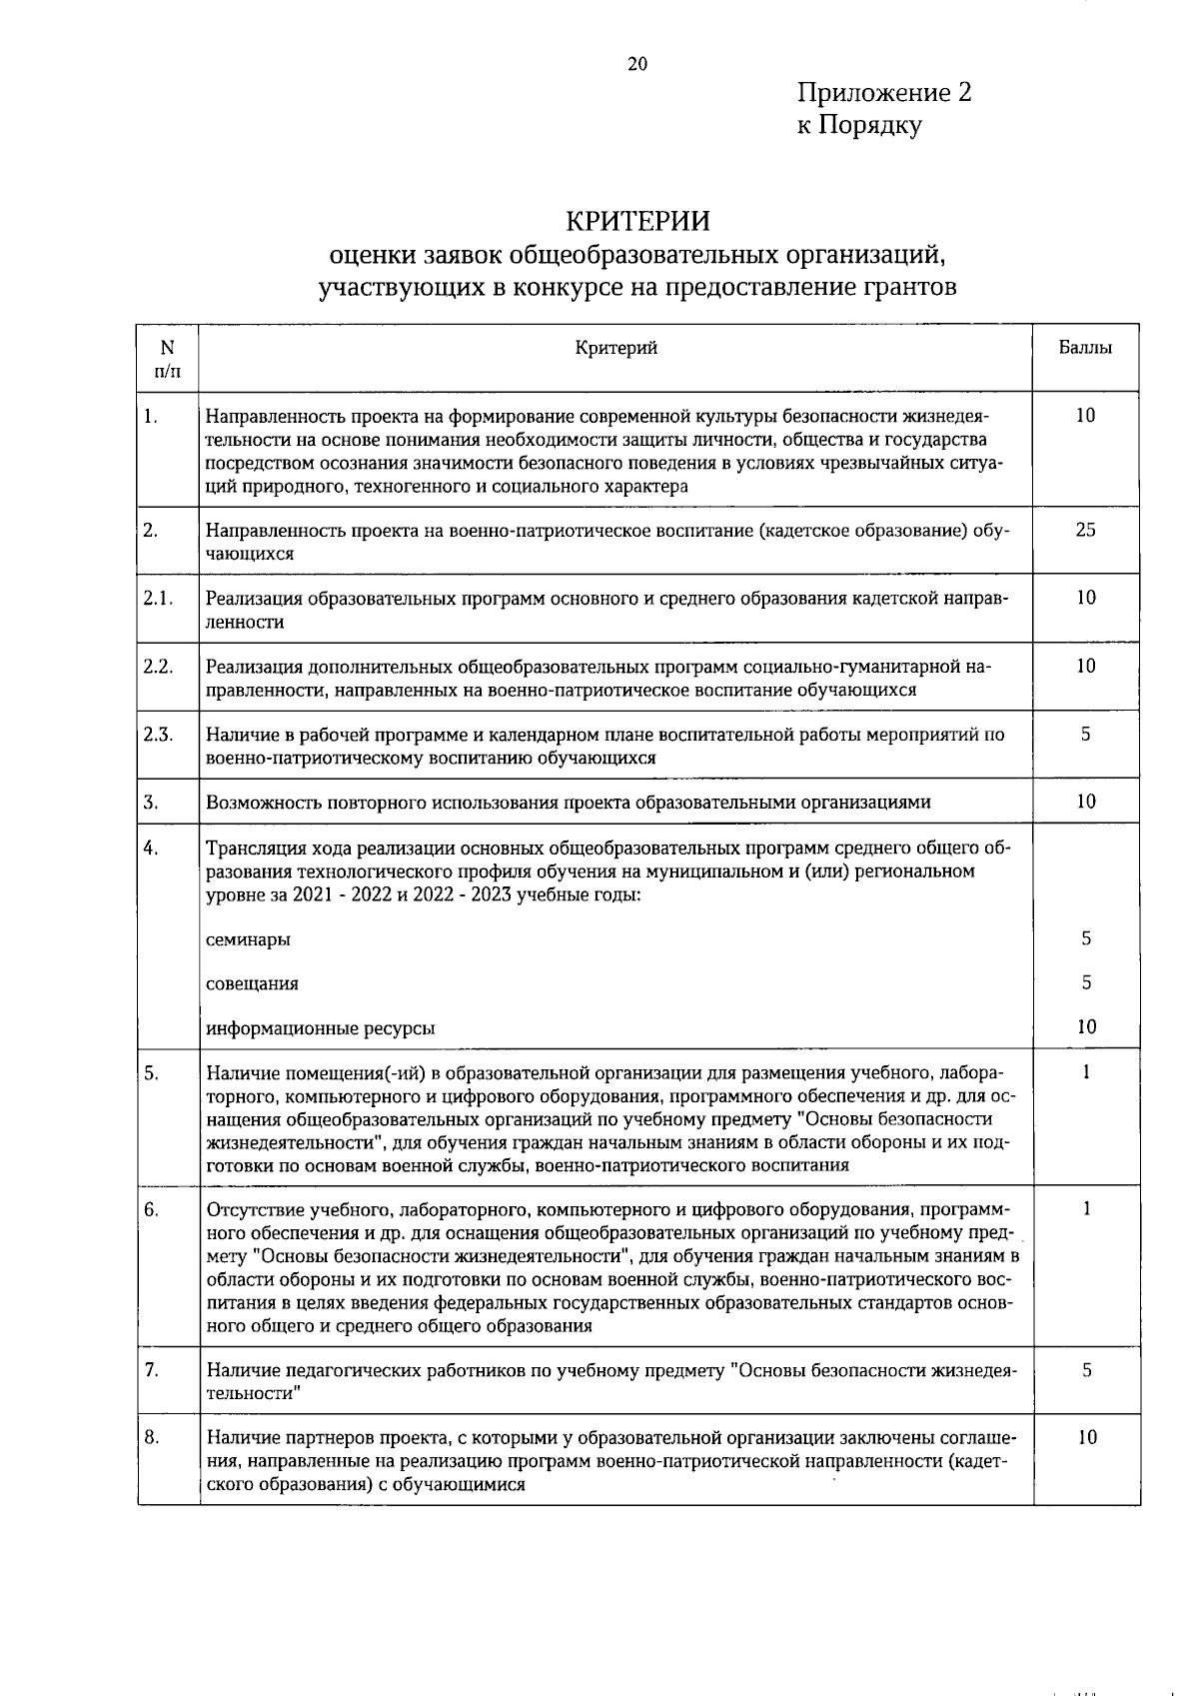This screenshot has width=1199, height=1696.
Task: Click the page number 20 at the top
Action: (x=637, y=65)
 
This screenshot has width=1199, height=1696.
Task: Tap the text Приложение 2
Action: (x=884, y=93)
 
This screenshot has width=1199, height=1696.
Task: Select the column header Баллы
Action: (x=1085, y=348)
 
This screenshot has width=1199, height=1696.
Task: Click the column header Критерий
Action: (x=616, y=348)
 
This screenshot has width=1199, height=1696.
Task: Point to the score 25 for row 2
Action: (x=1085, y=530)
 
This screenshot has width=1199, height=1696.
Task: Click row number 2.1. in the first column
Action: (x=158, y=598)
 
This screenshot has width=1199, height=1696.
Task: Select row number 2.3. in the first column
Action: (x=158, y=735)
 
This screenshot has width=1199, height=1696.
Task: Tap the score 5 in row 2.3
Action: (x=1085, y=735)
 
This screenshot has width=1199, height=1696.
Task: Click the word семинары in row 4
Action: (x=249, y=939)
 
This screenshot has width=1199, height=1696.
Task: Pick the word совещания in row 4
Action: (x=252, y=983)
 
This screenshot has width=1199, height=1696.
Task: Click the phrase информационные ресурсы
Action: (x=320, y=1027)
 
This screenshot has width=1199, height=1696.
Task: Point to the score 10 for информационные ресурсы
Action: (x=1087, y=1026)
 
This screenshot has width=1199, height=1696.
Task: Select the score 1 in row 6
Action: (x=1086, y=1209)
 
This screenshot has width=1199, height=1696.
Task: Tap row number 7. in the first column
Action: (x=152, y=1370)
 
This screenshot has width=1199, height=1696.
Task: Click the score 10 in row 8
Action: (x=1087, y=1438)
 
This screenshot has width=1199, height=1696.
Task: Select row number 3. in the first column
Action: (x=151, y=802)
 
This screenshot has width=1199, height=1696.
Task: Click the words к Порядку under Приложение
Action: (x=858, y=126)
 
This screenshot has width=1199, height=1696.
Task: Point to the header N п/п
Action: (x=167, y=359)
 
